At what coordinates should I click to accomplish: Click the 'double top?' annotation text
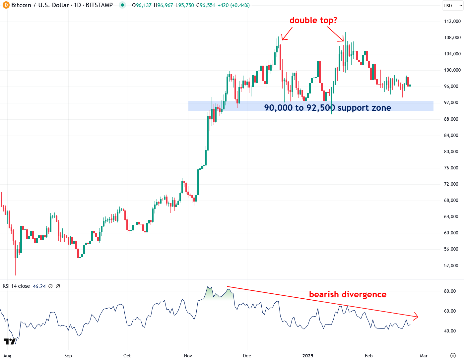click(313, 21)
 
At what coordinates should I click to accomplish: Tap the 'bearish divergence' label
click(348, 294)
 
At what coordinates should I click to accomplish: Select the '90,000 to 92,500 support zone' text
click(327, 108)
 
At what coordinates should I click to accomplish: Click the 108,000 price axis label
click(452, 37)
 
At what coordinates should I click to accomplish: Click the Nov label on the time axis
click(188, 356)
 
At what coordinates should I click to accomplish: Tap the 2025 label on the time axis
click(308, 356)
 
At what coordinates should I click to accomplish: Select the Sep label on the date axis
click(68, 356)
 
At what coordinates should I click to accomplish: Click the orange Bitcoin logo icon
click(6, 5)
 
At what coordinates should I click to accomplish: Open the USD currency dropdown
click(452, 6)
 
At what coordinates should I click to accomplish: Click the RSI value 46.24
click(39, 286)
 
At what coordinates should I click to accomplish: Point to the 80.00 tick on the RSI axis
click(450, 291)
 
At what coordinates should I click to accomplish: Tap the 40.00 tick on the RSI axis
click(450, 331)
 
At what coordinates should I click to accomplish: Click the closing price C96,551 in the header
click(206, 5)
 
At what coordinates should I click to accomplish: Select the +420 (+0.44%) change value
click(233, 5)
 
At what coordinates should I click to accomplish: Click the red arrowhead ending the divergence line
click(416, 317)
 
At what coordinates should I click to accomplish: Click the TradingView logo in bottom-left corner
click(9, 341)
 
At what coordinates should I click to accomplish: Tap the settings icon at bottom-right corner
click(453, 356)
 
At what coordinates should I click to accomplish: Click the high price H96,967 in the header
click(164, 5)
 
